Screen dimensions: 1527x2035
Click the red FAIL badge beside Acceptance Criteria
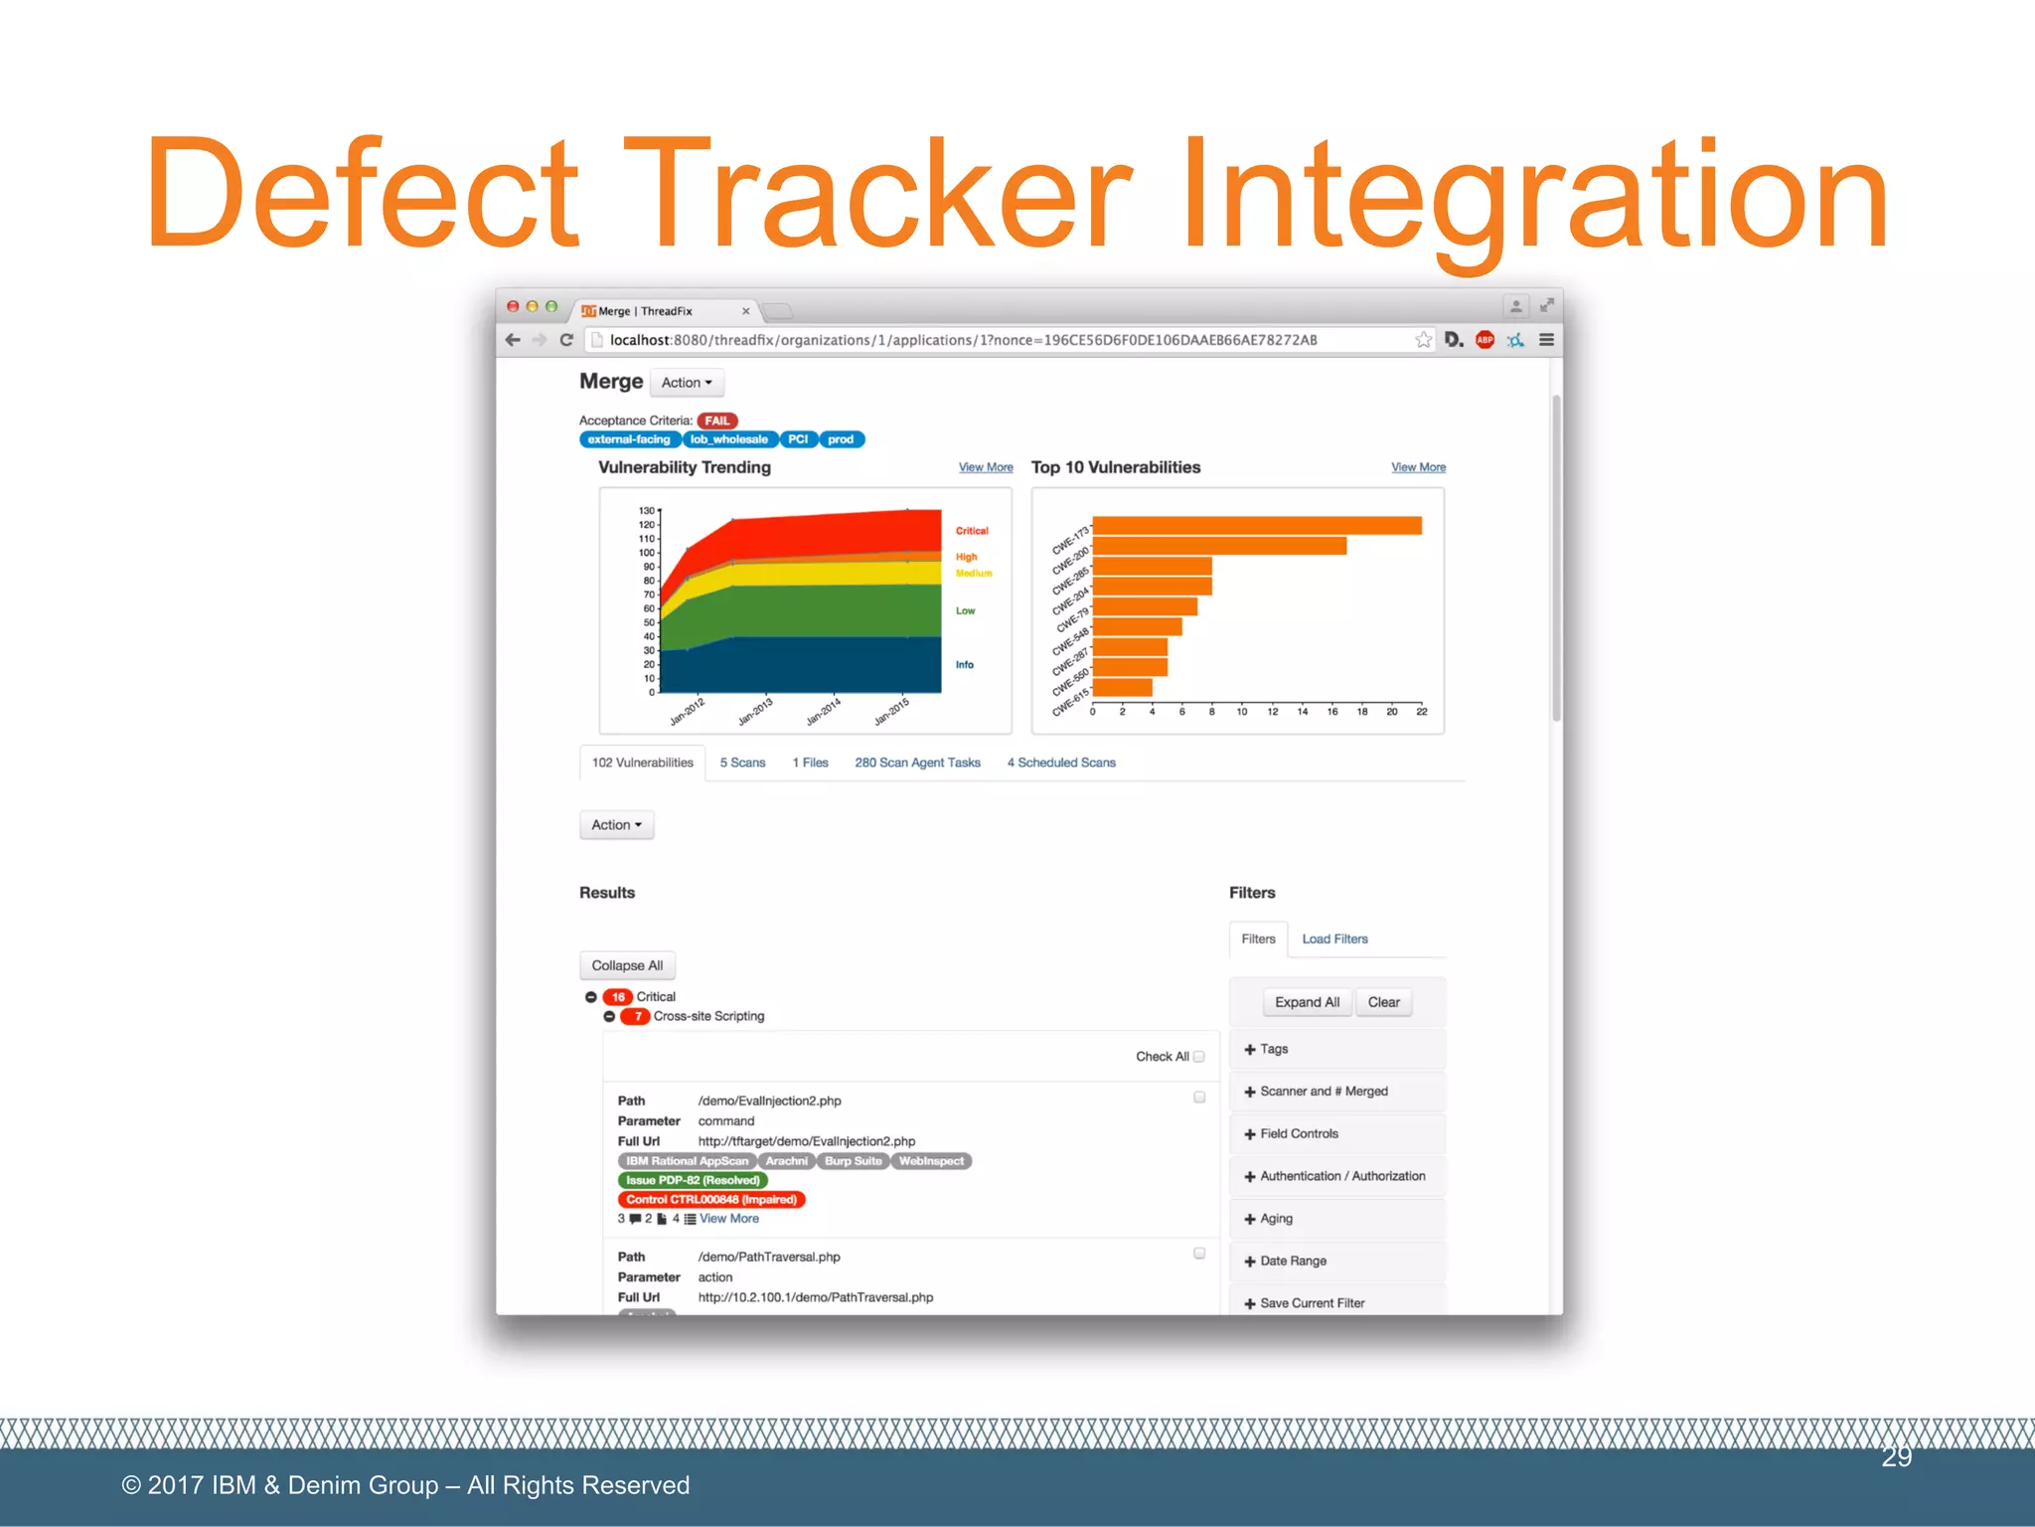point(716,421)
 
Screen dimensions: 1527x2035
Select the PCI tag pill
point(798,439)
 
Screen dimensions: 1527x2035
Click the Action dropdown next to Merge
point(687,383)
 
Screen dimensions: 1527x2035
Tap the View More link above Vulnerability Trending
point(985,467)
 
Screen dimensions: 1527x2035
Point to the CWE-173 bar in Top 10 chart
point(1256,526)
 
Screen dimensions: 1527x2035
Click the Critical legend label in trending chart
point(972,531)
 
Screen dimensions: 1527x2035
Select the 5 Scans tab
point(742,763)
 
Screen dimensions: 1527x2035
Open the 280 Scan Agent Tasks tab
point(917,763)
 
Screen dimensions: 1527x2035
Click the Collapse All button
point(627,965)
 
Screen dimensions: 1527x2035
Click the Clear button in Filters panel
point(1383,1002)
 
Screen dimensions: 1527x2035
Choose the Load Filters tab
point(1334,938)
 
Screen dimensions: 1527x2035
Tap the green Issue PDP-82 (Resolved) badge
point(693,1180)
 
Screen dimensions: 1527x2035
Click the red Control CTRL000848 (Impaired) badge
point(711,1200)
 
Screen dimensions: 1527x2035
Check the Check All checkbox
point(1199,1057)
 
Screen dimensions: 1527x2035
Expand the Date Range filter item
point(1292,1261)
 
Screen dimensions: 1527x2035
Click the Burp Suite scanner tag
point(853,1161)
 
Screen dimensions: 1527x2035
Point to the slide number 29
point(1896,1456)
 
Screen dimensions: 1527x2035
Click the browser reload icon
point(566,340)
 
